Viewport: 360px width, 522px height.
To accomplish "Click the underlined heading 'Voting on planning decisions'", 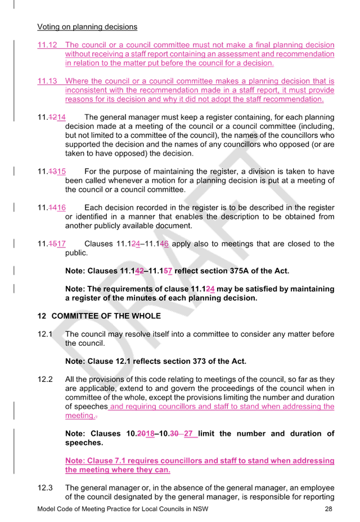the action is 87,27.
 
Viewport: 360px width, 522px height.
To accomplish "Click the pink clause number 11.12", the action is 47,45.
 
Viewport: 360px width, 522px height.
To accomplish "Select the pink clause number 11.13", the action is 47,81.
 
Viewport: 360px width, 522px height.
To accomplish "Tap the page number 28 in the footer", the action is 328,509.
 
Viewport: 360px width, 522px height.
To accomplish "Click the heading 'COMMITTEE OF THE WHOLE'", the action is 106,316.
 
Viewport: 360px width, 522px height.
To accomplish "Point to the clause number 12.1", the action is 44,334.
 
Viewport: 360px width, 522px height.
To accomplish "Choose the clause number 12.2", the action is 45,380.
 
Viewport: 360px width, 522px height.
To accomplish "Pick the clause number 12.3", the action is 45,488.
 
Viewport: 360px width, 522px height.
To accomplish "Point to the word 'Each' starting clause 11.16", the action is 93,208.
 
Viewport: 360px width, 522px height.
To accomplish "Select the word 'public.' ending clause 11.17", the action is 76,253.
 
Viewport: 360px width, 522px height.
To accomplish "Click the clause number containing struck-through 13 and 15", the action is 52,172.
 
